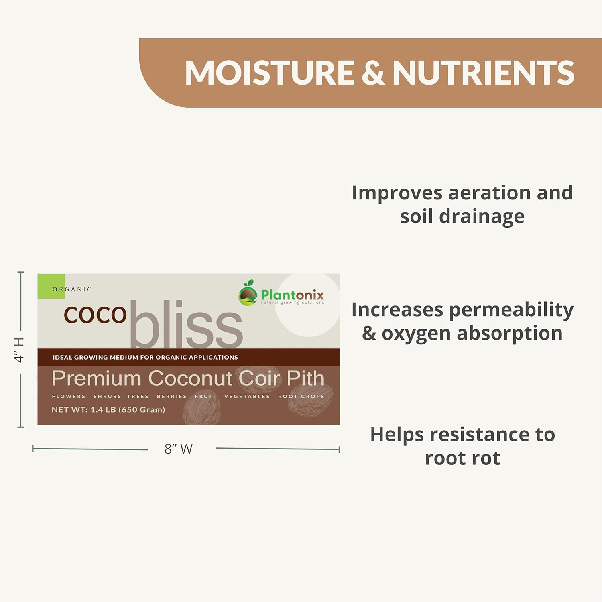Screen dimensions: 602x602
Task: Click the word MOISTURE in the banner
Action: pos(270,73)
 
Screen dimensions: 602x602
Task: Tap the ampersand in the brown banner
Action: pos(373,73)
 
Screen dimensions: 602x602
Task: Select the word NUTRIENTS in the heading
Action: pos(483,73)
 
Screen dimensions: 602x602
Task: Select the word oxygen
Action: pos(416,334)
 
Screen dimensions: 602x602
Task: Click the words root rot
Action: pos(462,458)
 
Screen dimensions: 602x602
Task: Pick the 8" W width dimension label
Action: pos(179,449)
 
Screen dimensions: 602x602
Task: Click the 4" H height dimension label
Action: pos(19,350)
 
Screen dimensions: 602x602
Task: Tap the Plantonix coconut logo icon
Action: pos(248,293)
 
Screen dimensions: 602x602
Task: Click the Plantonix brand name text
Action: pos(292,295)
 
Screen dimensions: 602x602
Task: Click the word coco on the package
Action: pos(95,315)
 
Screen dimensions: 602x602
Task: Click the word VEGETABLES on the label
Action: pos(247,397)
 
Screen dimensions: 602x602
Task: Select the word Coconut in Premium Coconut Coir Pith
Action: pos(190,378)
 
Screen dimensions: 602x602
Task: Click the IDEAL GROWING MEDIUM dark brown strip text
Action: pos(145,357)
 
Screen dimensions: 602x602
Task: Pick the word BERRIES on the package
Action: pos(172,397)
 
